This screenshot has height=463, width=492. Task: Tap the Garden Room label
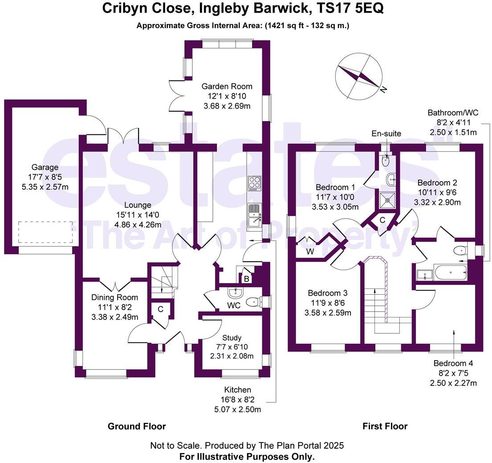[227, 86]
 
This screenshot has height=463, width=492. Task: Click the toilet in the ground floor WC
[254, 302]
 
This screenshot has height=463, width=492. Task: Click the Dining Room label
[115, 297]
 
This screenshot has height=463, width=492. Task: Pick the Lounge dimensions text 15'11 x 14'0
[138, 215]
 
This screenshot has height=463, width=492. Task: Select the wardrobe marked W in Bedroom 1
[310, 252]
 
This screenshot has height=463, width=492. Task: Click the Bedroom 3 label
[328, 293]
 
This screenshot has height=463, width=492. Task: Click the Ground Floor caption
[137, 426]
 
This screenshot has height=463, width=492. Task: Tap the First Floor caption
[385, 426]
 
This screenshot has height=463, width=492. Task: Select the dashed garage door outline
[45, 232]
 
